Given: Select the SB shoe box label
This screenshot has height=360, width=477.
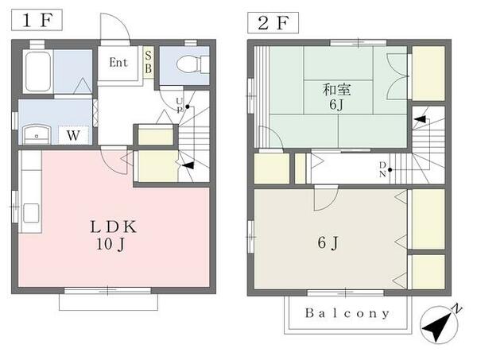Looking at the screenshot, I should [x=149, y=62].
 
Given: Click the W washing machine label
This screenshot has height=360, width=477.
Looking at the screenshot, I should [x=73, y=135].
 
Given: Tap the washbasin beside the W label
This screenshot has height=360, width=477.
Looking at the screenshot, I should [x=35, y=134].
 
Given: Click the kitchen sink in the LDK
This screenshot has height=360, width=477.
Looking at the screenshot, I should [x=30, y=214].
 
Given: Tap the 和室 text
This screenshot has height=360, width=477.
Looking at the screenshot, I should [x=335, y=88].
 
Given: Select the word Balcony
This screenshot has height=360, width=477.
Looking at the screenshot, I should [x=347, y=313].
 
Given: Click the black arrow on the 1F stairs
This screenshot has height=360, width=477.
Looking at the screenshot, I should [x=188, y=165].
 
